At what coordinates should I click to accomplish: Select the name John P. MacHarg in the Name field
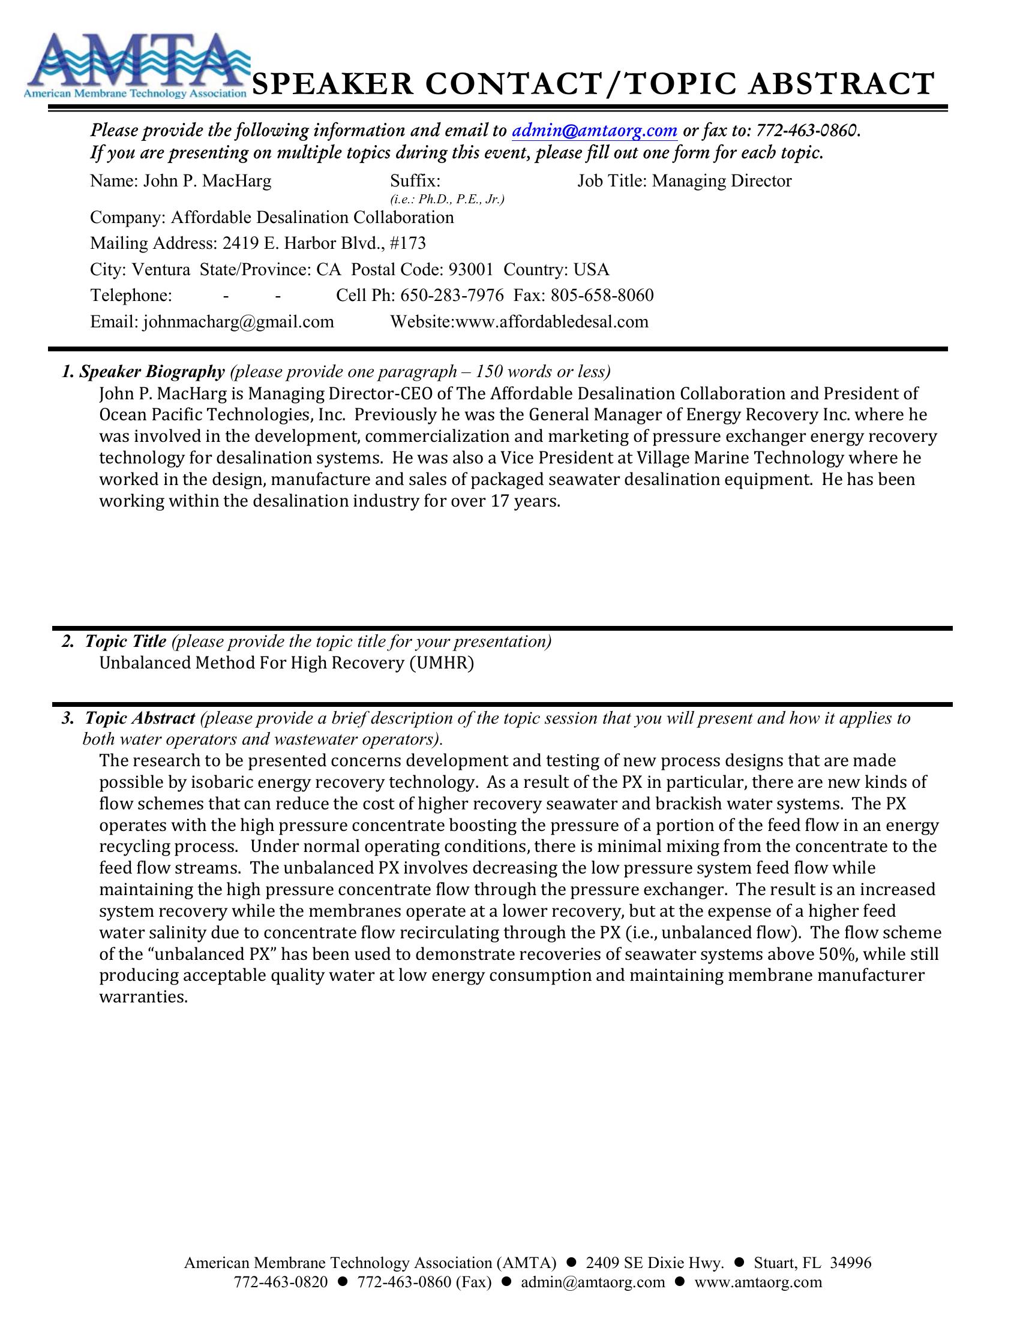[206, 181]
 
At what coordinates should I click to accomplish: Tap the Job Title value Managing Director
[721, 181]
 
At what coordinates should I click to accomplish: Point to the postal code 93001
[471, 269]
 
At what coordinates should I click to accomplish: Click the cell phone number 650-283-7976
[452, 296]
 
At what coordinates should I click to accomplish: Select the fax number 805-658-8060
[602, 296]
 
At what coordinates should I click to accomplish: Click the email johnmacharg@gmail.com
[238, 321]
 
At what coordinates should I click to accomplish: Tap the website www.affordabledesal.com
[551, 321]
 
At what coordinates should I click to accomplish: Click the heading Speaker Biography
[152, 372]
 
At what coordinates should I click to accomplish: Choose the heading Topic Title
[125, 642]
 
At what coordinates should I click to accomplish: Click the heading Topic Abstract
[140, 718]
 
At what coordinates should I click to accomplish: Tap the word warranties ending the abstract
[144, 997]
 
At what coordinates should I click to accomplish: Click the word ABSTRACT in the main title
[841, 83]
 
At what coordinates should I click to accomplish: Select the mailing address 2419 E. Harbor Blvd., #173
[324, 243]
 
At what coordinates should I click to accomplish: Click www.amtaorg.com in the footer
[758, 1282]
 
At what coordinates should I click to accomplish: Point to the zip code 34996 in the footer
[851, 1263]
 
